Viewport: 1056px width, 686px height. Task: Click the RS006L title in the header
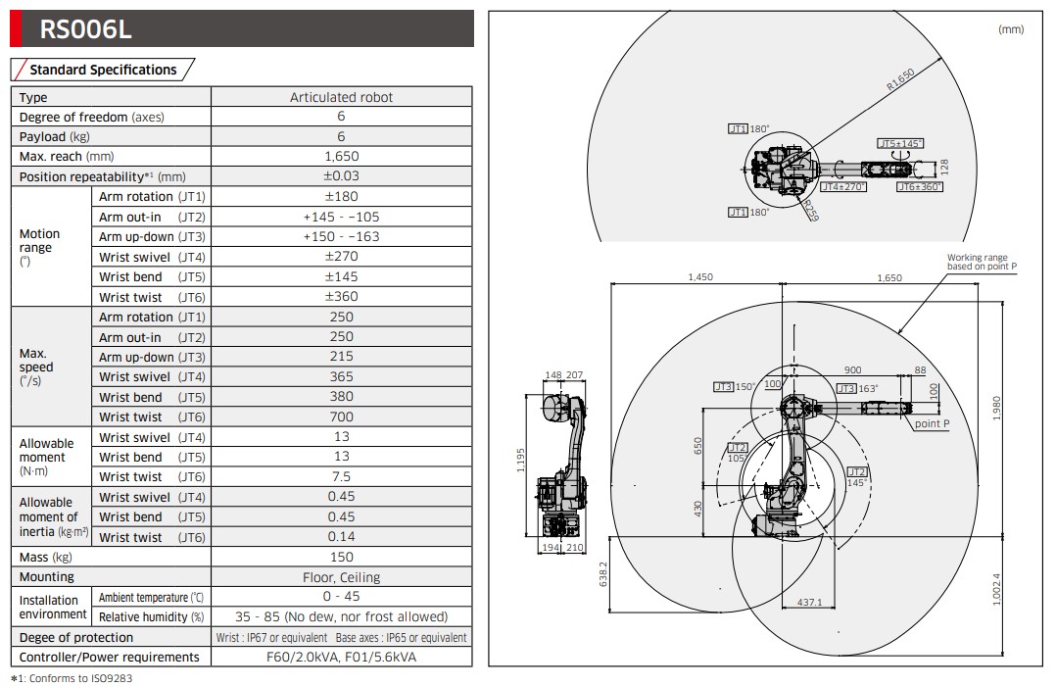(x=85, y=30)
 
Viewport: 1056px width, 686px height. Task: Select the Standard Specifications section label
(x=103, y=70)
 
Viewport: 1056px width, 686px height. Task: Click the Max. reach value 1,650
(x=341, y=156)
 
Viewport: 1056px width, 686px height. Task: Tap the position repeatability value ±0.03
(x=341, y=176)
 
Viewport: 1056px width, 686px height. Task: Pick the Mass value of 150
(x=341, y=557)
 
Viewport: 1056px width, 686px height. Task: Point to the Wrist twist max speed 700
(x=341, y=417)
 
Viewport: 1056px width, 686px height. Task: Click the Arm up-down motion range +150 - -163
(x=341, y=237)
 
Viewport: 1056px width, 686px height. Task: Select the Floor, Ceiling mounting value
(x=341, y=577)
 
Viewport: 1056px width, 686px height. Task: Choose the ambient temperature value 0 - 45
(x=341, y=597)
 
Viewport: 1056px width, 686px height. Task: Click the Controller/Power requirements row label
(x=109, y=657)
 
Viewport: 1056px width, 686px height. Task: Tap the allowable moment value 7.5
(x=341, y=477)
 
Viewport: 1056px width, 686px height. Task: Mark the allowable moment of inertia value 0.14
(x=341, y=537)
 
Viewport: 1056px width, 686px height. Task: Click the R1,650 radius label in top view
(x=899, y=79)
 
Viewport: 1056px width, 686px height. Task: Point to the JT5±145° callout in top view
(x=900, y=143)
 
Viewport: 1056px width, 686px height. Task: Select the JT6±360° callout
(x=919, y=186)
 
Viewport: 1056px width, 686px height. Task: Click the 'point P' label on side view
(x=931, y=423)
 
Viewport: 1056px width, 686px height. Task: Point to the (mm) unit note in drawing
(x=1010, y=29)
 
